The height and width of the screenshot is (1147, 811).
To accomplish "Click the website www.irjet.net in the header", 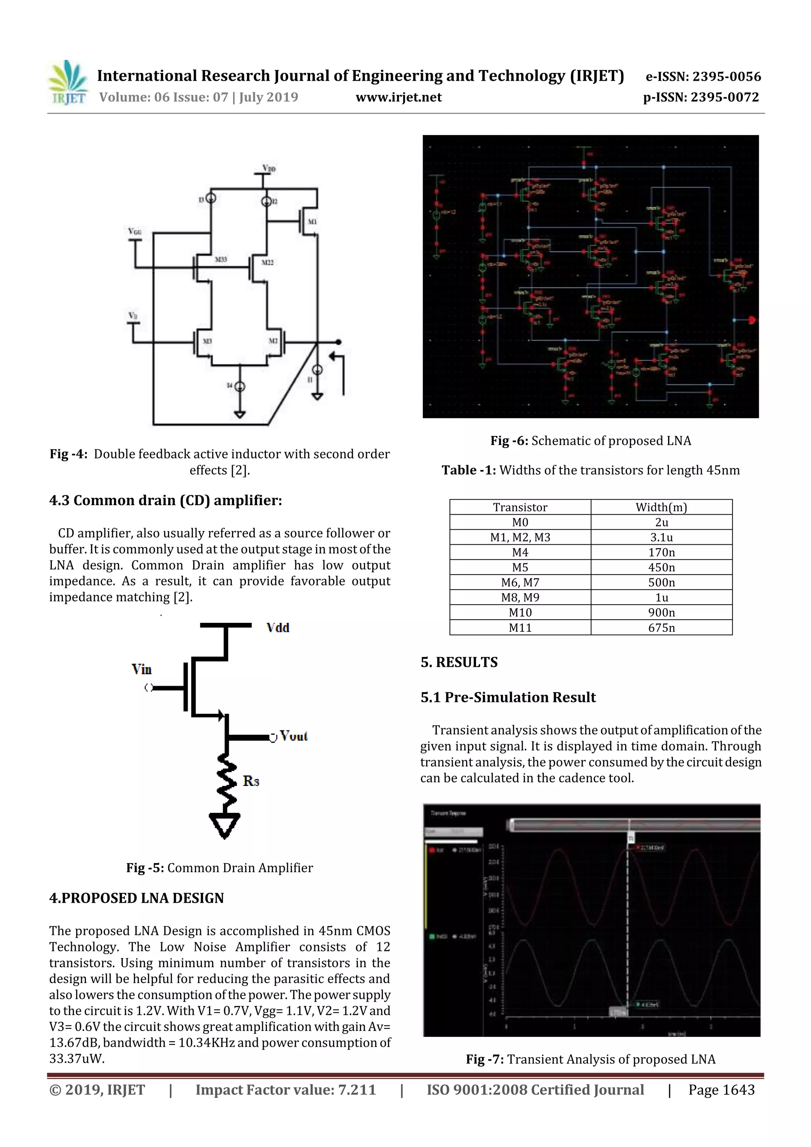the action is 398,97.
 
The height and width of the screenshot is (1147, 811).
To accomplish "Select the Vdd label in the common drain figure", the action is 278,628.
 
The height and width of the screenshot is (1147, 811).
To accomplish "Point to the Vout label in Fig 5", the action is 293,736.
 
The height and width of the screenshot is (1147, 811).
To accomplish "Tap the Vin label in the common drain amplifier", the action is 141,670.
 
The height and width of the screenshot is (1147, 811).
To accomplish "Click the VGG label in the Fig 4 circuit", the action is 134,231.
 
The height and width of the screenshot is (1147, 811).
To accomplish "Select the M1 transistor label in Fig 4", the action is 311,221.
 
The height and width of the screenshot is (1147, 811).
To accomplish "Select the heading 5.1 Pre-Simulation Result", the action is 508,697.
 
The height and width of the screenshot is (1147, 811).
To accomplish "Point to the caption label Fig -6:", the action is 509,441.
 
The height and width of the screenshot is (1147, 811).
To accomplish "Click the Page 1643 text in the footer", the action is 721,1090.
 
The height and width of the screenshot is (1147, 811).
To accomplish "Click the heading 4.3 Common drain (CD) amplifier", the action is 166,500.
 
